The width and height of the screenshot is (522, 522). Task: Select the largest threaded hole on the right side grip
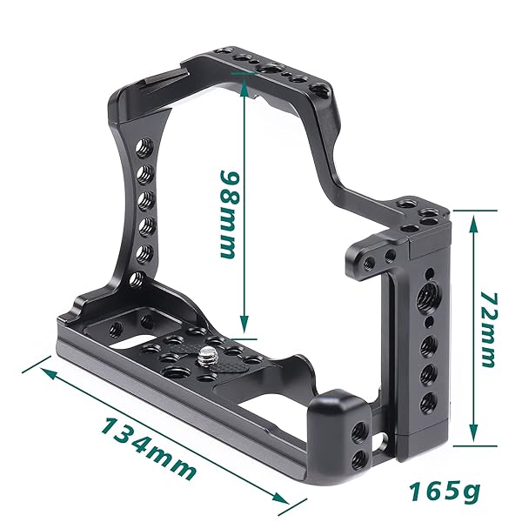coord(427,297)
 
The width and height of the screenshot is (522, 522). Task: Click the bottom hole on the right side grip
coord(426,401)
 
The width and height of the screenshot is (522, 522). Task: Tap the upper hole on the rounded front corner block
coord(357,431)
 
